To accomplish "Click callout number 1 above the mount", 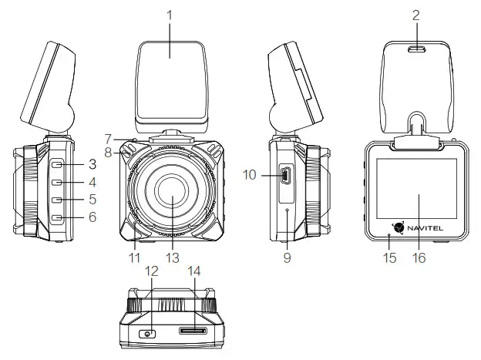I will [x=170, y=13].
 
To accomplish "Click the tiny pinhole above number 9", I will [x=287, y=210].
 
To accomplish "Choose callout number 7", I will [x=109, y=139].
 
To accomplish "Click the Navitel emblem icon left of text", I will [x=399, y=227].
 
